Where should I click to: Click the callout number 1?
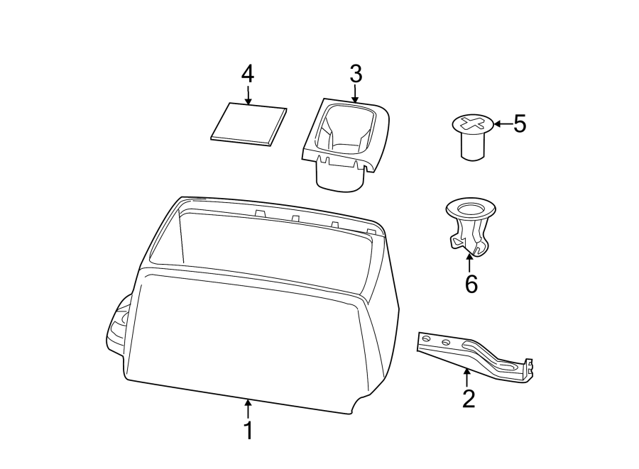point(248,430)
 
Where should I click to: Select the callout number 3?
point(356,73)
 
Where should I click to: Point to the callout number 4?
point(248,73)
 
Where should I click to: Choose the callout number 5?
point(520,124)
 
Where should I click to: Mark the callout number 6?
point(471,284)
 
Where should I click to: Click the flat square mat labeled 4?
point(250,124)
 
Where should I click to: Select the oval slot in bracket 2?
point(508,368)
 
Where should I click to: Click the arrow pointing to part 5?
point(502,124)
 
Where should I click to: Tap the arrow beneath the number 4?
point(248,95)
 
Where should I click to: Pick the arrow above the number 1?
point(248,408)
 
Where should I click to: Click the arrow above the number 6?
point(469,261)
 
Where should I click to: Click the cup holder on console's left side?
point(118,326)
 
